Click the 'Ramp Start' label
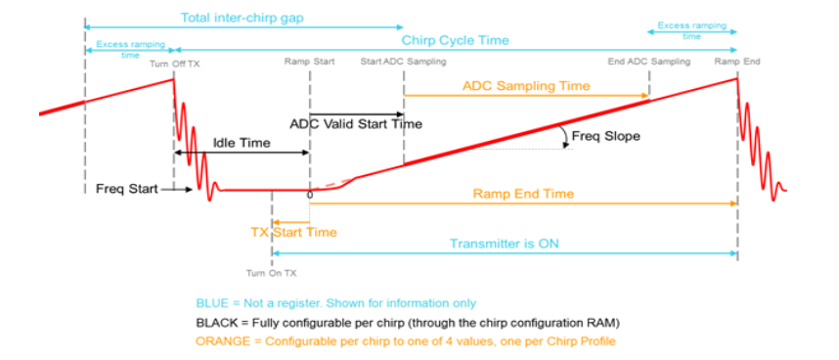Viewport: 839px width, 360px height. click(x=310, y=63)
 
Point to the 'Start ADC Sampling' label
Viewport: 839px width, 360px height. click(x=403, y=63)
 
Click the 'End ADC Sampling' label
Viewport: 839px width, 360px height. click(x=648, y=63)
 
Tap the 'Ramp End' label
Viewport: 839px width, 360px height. click(x=736, y=63)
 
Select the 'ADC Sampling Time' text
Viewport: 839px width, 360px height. click(x=526, y=86)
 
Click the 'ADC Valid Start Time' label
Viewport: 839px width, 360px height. click(x=356, y=124)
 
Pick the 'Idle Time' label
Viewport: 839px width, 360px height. click(x=242, y=144)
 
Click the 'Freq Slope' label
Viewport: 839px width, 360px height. click(x=605, y=136)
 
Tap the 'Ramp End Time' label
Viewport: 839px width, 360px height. click(x=523, y=194)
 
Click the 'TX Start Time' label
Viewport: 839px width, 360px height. click(x=292, y=232)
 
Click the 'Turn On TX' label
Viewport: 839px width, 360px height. click(x=272, y=273)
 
